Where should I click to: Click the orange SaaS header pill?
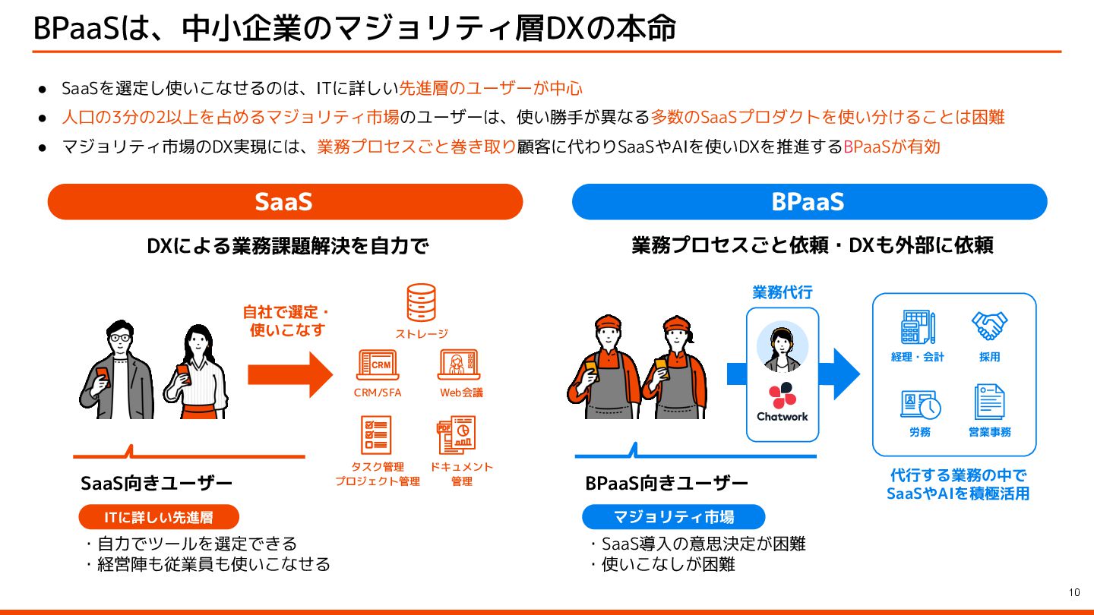tap(285, 202)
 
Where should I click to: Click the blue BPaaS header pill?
tap(809, 202)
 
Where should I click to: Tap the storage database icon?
tap(421, 303)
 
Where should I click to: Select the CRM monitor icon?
tap(378, 365)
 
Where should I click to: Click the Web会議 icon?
tap(459, 365)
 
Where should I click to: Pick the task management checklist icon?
tap(377, 435)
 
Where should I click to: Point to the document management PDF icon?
tap(457, 435)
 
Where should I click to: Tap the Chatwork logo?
tap(783, 403)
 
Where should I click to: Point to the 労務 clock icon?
tap(920, 404)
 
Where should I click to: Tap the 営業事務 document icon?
tap(989, 402)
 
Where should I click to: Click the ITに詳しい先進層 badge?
tap(159, 518)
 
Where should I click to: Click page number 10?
tap(1074, 592)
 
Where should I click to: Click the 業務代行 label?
tap(782, 292)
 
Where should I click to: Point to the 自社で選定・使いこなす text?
tap(286, 321)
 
